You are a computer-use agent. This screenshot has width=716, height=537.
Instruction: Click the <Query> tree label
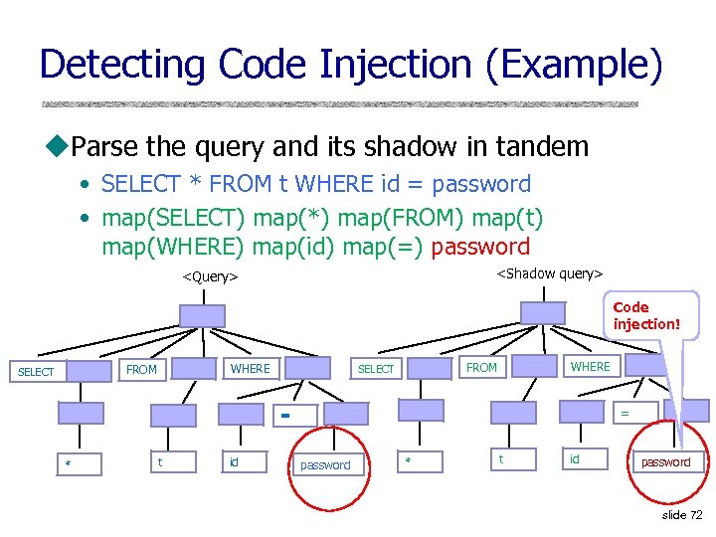click(x=210, y=276)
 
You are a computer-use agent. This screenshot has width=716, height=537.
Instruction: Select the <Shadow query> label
click(x=549, y=273)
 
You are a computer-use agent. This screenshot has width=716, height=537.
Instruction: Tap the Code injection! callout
click(x=646, y=315)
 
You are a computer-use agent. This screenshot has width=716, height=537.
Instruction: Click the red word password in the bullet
click(x=481, y=247)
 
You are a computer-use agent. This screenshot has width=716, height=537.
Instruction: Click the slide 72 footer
click(x=682, y=515)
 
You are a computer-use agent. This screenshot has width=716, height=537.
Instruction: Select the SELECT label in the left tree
click(x=37, y=372)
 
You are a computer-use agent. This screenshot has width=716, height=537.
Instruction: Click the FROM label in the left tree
click(x=141, y=369)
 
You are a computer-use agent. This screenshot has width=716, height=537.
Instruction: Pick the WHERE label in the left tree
click(x=250, y=369)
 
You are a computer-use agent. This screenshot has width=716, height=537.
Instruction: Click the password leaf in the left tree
click(x=325, y=464)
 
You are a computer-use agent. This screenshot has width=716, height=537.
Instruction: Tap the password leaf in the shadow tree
click(x=665, y=461)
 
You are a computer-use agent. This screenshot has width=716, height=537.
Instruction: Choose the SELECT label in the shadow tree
click(x=376, y=369)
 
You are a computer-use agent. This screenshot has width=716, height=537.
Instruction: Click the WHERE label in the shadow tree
click(x=590, y=367)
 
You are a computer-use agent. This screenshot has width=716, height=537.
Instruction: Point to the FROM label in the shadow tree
click(x=482, y=367)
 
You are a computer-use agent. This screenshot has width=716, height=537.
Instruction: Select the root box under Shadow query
click(x=542, y=312)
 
